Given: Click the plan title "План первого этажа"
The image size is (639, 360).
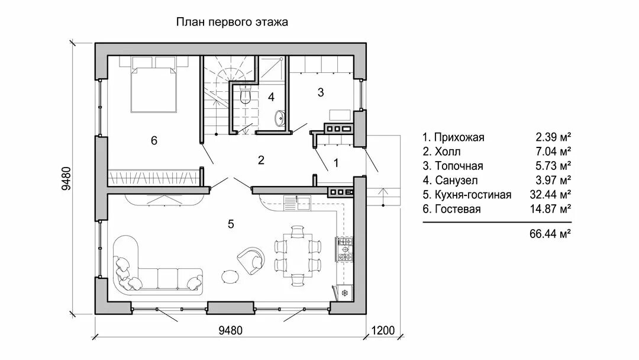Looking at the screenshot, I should tap(232, 23).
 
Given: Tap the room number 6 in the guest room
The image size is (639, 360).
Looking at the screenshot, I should tap(154, 140).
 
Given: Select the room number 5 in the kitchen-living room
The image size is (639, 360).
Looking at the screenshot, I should tap(231, 223).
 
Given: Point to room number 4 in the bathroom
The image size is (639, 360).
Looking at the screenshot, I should tap(271, 97).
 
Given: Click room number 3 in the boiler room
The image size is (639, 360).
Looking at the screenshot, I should tap(321, 92).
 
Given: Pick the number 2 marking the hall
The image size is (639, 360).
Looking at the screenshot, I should tap(260, 159).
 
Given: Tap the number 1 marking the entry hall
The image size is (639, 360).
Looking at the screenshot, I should tap(337, 162).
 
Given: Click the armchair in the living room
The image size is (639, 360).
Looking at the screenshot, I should tap(251, 258).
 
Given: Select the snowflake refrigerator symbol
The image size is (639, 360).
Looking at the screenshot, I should tap(343, 292).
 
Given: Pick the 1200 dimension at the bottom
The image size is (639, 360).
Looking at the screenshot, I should tap(382, 330).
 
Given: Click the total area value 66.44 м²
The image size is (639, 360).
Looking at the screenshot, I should tap(550, 234).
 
